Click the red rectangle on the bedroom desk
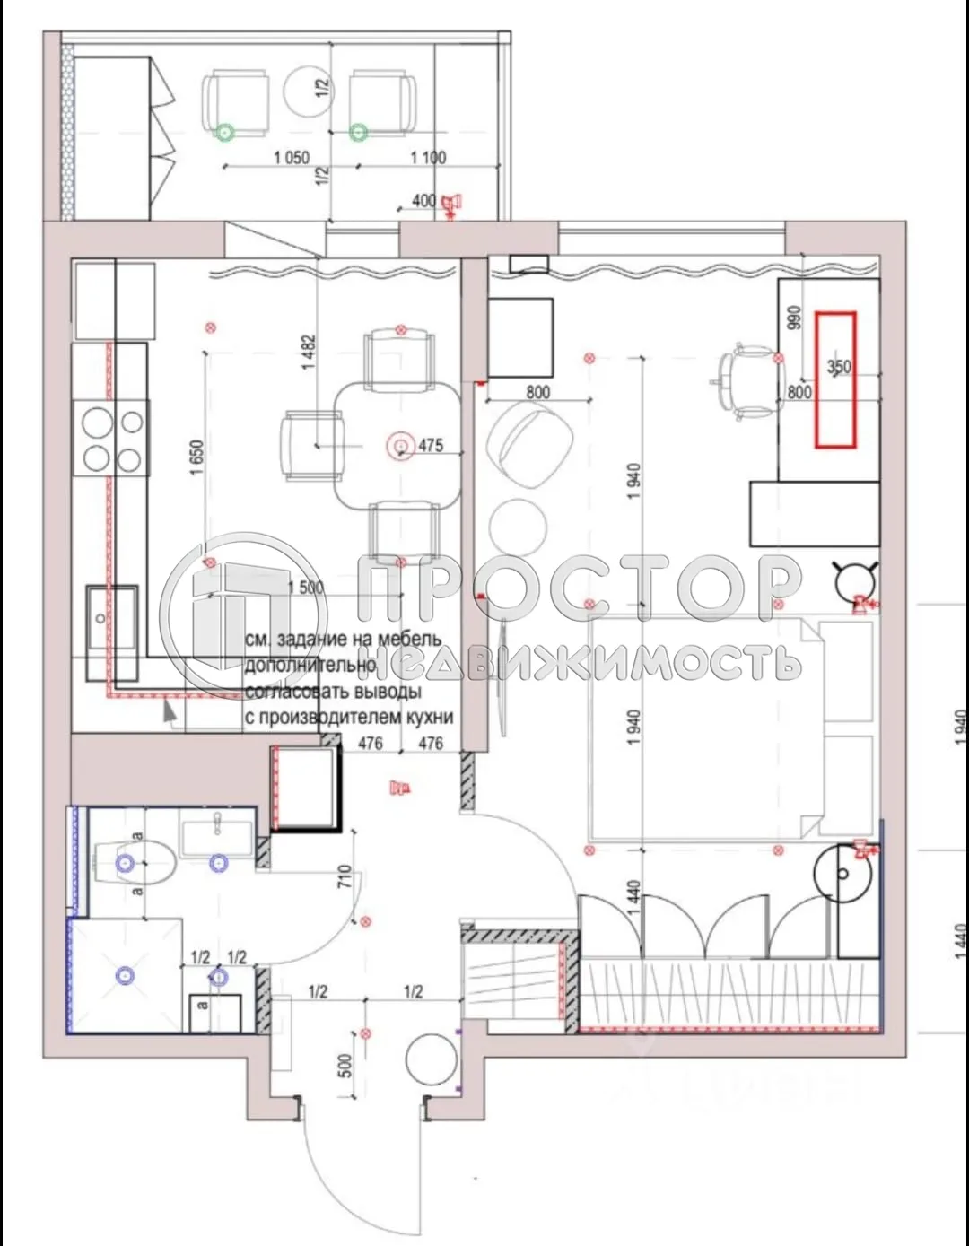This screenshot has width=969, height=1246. point(834,379)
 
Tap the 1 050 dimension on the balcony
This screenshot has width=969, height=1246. point(292,158)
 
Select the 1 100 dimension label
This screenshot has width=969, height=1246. point(428,158)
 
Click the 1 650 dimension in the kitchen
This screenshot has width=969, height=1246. point(197,457)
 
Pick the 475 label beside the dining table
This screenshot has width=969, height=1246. point(431,445)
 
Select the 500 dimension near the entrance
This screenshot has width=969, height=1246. point(346,1066)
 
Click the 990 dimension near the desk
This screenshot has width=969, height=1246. point(793,318)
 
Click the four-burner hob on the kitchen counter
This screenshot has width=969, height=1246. point(113,440)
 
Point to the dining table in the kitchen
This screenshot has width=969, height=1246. point(398,444)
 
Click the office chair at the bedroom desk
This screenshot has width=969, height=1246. point(746,380)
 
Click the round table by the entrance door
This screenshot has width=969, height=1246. point(432,1060)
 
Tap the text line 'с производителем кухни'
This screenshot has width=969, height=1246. point(349,718)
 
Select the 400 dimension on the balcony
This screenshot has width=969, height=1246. point(423,201)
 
